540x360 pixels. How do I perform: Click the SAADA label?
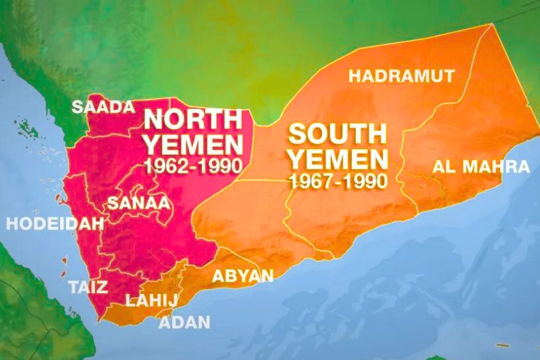click(103, 107)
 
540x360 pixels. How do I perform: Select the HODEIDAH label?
click(54, 224)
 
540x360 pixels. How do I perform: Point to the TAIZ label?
click(88, 287)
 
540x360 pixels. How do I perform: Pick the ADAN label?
click(184, 322)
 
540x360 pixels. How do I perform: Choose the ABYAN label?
click(243, 276)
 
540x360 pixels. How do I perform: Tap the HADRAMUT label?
click(402, 76)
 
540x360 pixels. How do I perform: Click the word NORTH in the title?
click(193, 120)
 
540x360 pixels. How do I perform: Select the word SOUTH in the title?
click(338, 133)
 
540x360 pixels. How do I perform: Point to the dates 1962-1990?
click(193, 165)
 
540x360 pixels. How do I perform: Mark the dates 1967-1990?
click(337, 180)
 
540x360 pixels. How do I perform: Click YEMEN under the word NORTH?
click(193, 144)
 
